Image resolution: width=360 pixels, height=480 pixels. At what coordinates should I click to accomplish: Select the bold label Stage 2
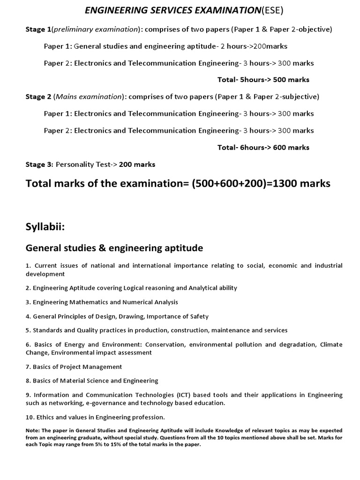point(38,97)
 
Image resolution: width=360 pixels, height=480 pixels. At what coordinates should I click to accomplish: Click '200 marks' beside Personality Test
point(137,165)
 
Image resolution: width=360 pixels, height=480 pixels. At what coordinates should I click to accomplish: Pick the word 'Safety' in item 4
point(198,316)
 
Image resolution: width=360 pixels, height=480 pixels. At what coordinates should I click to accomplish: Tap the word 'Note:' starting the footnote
point(33,430)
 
